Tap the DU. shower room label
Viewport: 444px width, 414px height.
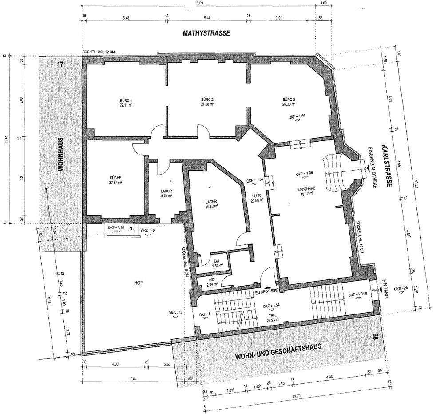(x=217, y=263)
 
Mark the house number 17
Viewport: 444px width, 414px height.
(x=60, y=64)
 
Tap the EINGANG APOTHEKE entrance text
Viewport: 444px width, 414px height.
(x=372, y=168)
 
